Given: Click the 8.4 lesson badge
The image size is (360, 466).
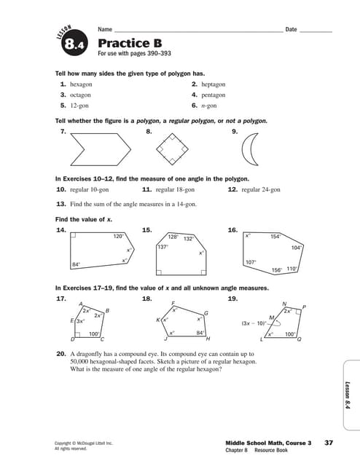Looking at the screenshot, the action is [75, 46].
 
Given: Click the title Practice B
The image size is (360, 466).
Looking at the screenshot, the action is [124, 43].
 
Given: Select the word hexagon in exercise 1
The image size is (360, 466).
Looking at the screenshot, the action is [81, 84].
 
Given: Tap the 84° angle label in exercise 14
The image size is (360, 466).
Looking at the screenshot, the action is [76, 264].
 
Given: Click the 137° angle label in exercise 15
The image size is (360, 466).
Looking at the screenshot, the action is [163, 247].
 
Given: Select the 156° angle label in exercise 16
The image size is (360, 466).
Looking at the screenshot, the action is [277, 270].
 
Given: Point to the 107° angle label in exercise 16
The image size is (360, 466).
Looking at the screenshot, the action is [251, 262].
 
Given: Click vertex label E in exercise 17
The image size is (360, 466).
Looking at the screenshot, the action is [71, 320].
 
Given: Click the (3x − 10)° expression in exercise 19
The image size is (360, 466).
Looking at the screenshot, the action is [254, 323].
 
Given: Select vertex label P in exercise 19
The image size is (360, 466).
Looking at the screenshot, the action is [304, 307].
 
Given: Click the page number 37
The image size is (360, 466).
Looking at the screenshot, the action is [329, 442].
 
